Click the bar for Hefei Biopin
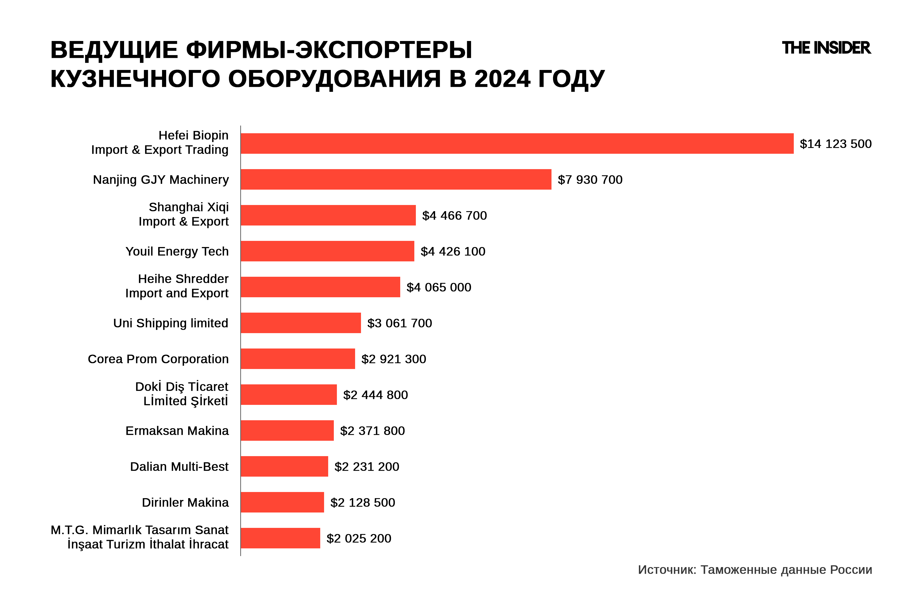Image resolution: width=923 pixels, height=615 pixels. tap(517, 143)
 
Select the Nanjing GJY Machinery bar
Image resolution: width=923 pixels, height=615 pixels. tap(396, 179)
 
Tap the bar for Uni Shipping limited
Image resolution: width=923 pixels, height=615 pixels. tap(300, 323)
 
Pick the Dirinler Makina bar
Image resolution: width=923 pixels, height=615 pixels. tap(282, 502)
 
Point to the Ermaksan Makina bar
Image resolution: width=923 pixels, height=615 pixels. tap(287, 430)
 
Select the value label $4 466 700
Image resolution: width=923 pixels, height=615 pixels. tap(454, 215)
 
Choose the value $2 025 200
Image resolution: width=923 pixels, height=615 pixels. tap(359, 538)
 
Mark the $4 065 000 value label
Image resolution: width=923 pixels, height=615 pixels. tap(439, 287)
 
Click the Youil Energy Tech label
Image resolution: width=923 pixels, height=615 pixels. tap(177, 251)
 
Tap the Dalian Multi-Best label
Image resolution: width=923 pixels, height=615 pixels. tap(179, 466)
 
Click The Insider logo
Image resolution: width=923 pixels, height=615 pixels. tap(826, 48)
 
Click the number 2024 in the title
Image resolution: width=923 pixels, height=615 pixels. tap(502, 79)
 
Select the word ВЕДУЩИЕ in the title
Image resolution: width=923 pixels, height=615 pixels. tap(114, 50)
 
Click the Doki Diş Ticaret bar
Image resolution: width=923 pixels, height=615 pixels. tap(288, 395)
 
